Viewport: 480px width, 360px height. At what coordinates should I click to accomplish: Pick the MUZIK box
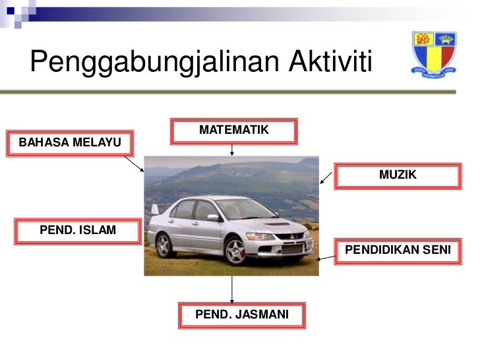click(398, 175)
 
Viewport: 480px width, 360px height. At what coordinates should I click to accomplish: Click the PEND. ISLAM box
click(78, 231)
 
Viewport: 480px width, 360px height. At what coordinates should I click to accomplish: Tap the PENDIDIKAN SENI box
click(398, 251)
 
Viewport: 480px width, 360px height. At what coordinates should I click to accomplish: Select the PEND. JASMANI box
click(241, 315)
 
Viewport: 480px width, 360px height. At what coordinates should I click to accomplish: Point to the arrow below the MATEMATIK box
click(232, 149)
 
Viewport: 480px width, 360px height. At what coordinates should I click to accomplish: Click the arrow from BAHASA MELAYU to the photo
click(134, 164)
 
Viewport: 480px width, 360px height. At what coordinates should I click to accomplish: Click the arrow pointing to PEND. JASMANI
click(232, 289)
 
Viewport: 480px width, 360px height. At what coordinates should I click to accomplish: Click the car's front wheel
click(235, 251)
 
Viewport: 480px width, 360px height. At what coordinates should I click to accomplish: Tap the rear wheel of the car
click(164, 245)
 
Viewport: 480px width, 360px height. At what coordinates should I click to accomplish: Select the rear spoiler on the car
click(155, 209)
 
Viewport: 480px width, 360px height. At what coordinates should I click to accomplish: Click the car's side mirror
click(212, 217)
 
